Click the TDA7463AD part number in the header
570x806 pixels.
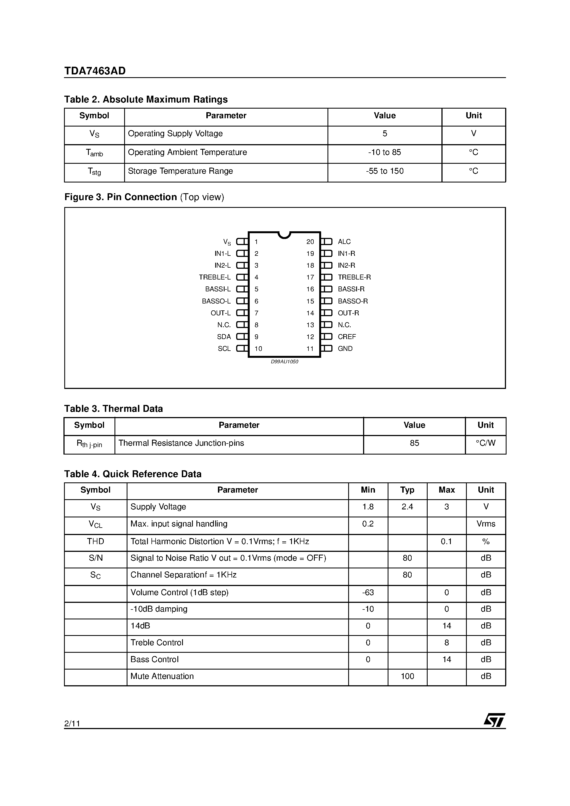click(95, 71)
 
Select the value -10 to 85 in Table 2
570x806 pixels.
click(384, 152)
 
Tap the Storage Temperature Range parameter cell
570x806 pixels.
click(180, 171)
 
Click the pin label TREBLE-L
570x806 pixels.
click(215, 277)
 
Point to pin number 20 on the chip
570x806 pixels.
click(310, 242)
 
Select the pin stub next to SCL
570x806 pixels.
click(242, 349)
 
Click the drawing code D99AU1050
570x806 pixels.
click(284, 362)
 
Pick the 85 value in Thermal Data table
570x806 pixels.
click(414, 443)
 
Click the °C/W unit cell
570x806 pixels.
click(486, 443)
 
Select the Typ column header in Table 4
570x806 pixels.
click(407, 490)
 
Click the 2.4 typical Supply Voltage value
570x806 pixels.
click(407, 507)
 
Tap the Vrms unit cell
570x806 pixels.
click(486, 524)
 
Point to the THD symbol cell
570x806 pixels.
click(95, 542)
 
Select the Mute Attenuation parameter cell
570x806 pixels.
click(162, 676)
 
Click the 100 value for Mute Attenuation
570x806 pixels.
click(407, 676)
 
